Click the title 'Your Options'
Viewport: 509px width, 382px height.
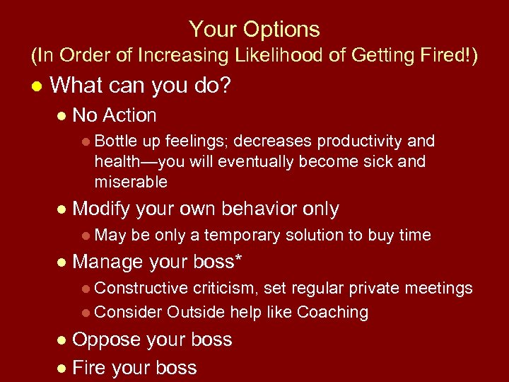pos(254,30)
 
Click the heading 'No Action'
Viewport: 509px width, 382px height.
pos(115,115)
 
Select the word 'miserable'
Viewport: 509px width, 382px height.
pos(131,182)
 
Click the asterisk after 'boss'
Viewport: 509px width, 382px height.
pos(238,260)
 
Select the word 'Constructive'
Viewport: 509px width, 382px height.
pos(141,288)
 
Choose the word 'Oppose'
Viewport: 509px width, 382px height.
pos(107,340)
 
